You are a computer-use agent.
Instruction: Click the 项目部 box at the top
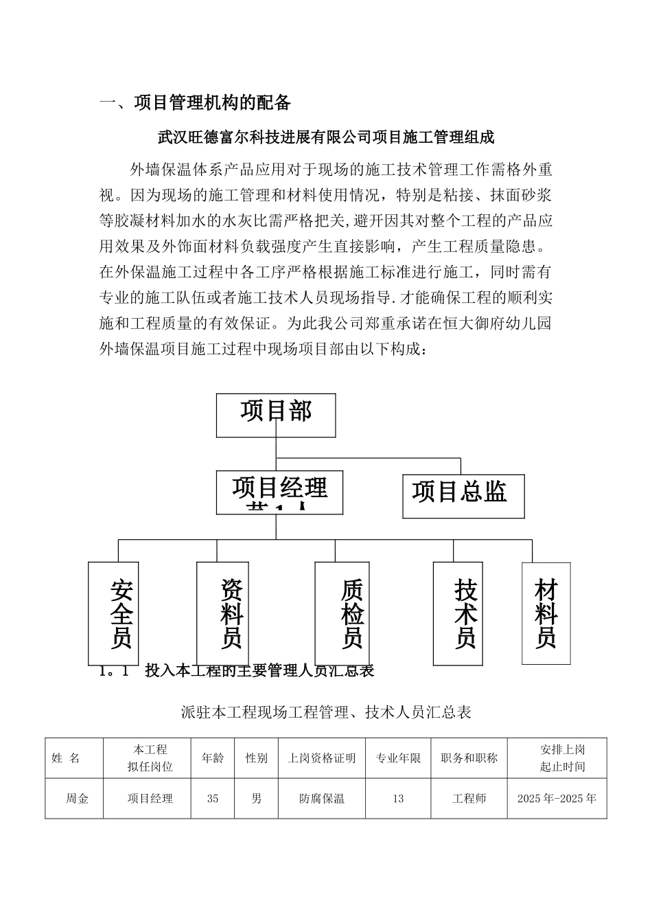[276, 415]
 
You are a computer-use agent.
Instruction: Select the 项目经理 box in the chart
[279, 492]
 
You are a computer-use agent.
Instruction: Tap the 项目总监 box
[463, 495]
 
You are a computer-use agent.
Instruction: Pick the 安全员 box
[114, 613]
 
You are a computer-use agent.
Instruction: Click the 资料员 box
[222, 613]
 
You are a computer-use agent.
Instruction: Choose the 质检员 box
[342, 613]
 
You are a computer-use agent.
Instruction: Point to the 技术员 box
[457, 613]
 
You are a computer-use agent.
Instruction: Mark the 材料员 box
[546, 613]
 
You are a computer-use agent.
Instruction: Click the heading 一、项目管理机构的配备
[196, 104]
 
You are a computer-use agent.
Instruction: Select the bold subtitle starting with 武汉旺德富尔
[326, 137]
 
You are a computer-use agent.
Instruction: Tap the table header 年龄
[213, 759]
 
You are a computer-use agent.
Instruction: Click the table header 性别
[257, 759]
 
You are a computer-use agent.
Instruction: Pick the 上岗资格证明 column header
[322, 759]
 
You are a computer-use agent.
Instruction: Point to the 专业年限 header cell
[398, 759]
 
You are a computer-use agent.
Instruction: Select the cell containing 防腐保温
[322, 799]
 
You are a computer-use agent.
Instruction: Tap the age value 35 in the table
[213, 799]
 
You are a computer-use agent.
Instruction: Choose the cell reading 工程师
[469, 799]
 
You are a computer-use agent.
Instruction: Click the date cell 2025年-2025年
[557, 799]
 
